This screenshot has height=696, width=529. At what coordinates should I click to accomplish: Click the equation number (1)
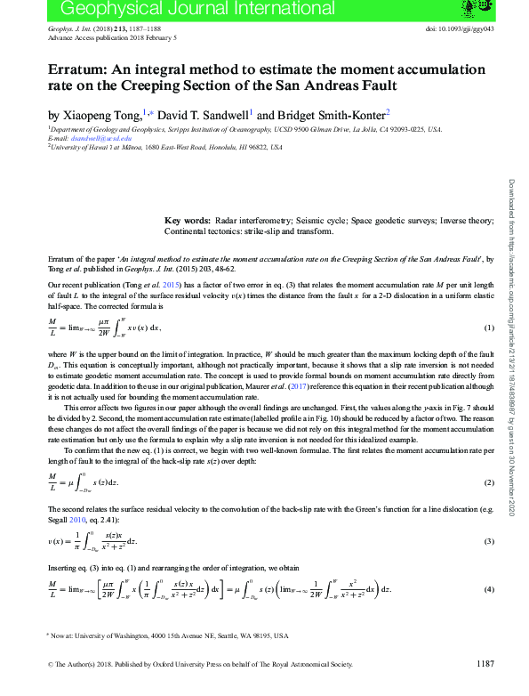(x=488, y=328)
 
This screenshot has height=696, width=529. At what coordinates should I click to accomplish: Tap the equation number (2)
(x=488, y=482)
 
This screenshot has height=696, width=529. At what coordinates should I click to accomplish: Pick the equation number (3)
(x=488, y=541)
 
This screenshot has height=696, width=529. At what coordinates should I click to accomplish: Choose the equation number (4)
(x=488, y=589)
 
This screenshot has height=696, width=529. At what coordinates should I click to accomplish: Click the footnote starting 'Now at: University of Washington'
(x=169, y=636)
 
